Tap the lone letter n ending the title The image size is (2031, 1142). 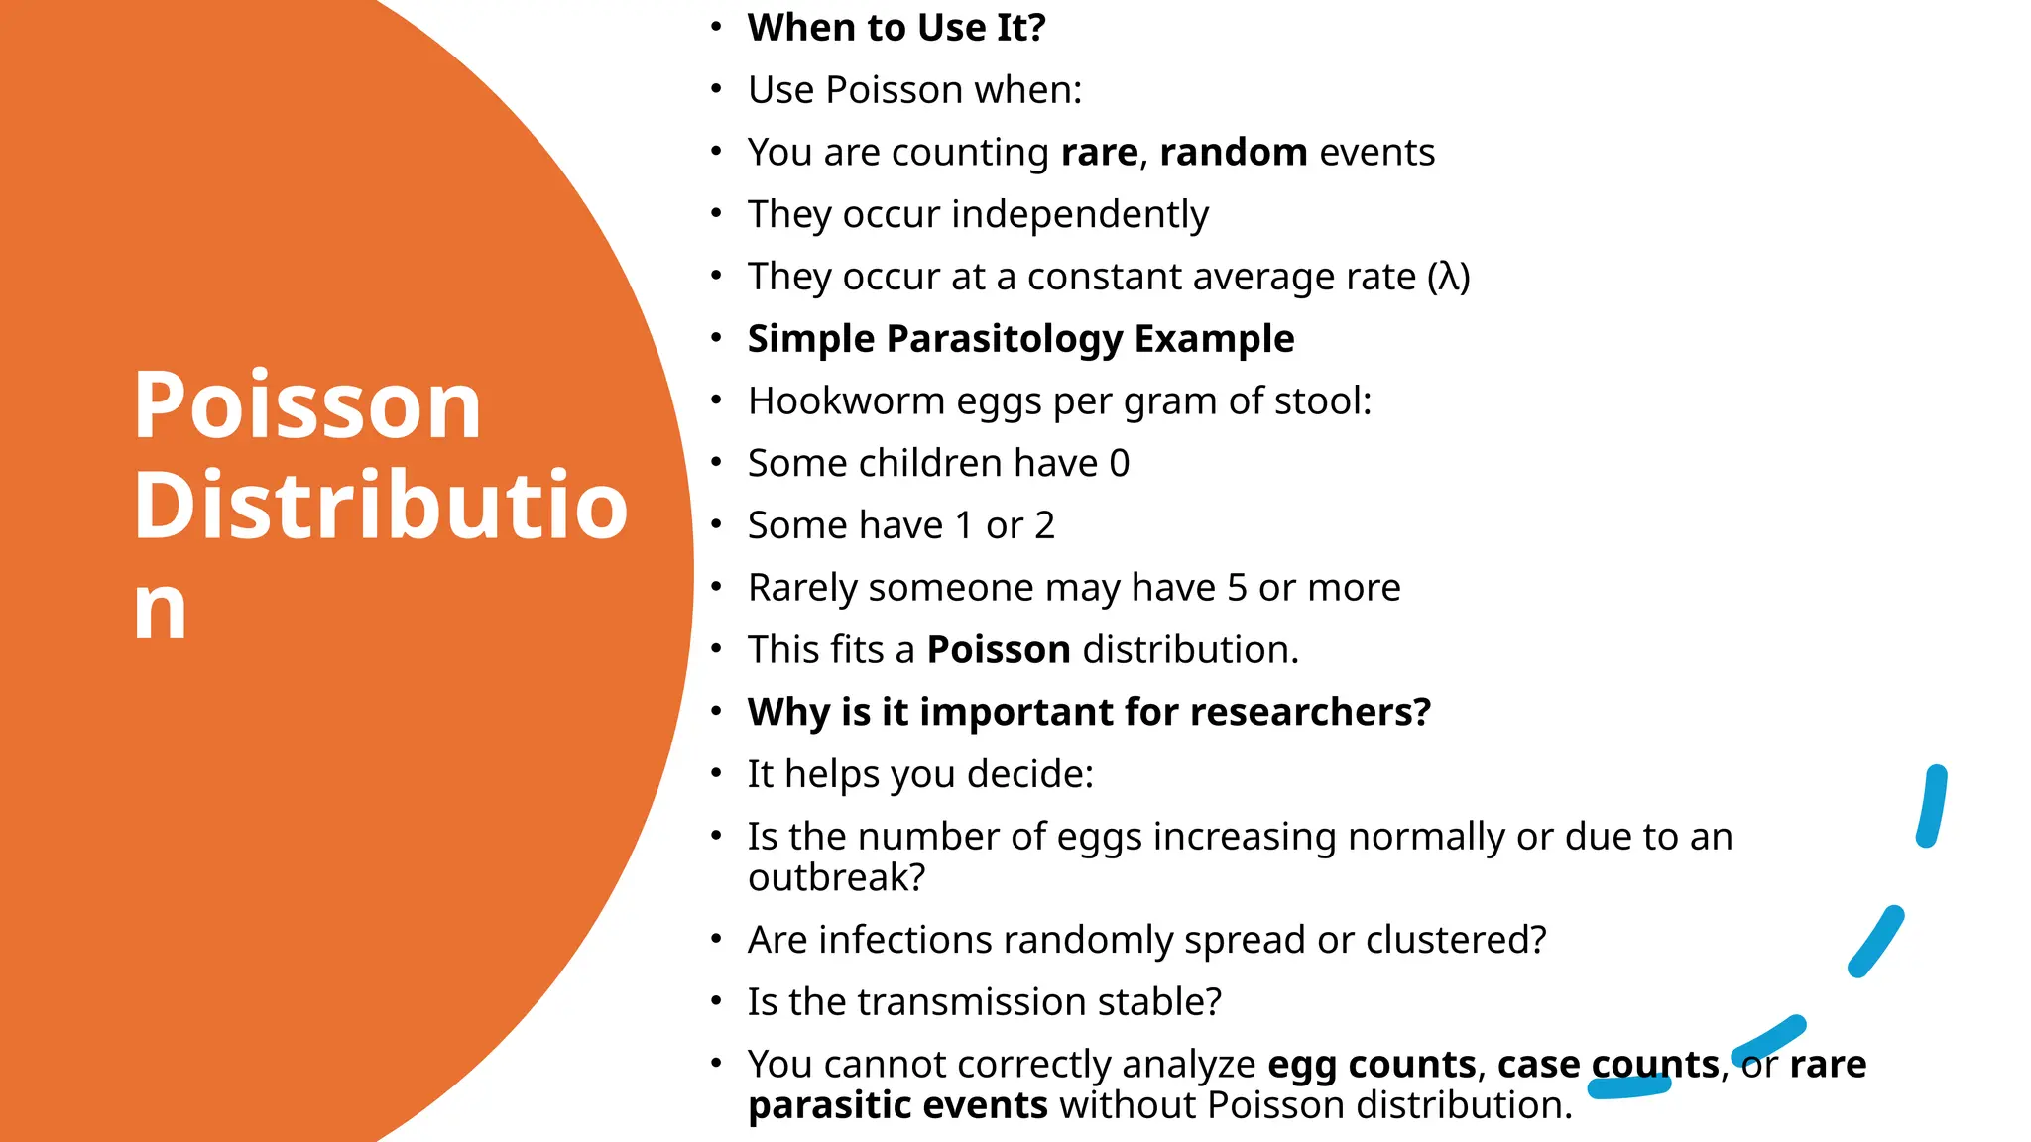[161, 608]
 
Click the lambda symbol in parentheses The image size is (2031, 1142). [1449, 277]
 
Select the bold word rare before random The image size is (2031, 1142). [1099, 153]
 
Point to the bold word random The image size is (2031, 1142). [1233, 153]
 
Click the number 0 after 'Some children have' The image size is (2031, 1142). [1120, 464]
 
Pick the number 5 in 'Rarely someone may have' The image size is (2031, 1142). [1237, 588]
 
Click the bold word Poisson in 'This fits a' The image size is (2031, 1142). [999, 650]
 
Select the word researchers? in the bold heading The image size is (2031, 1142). [1310, 712]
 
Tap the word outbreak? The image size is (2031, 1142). [836, 878]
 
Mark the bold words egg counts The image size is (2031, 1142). [1372, 1065]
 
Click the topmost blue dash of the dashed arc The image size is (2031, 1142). [1931, 806]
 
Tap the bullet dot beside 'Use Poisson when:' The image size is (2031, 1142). [716, 89]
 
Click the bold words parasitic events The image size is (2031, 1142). [897, 1105]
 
